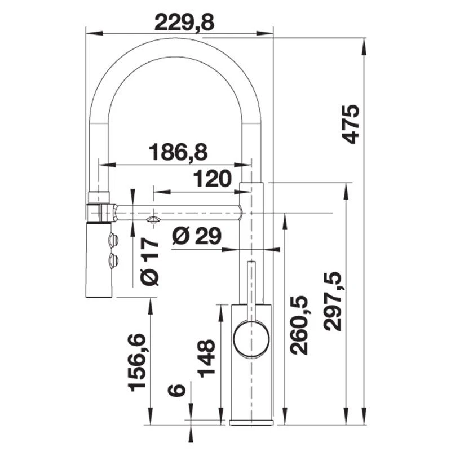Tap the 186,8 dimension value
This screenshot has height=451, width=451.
[178, 152]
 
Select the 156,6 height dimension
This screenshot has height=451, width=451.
[137, 361]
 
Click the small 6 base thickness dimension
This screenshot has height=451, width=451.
[176, 390]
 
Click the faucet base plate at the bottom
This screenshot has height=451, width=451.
[251, 422]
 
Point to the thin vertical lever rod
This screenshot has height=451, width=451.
[252, 288]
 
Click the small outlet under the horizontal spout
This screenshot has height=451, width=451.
[153, 219]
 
